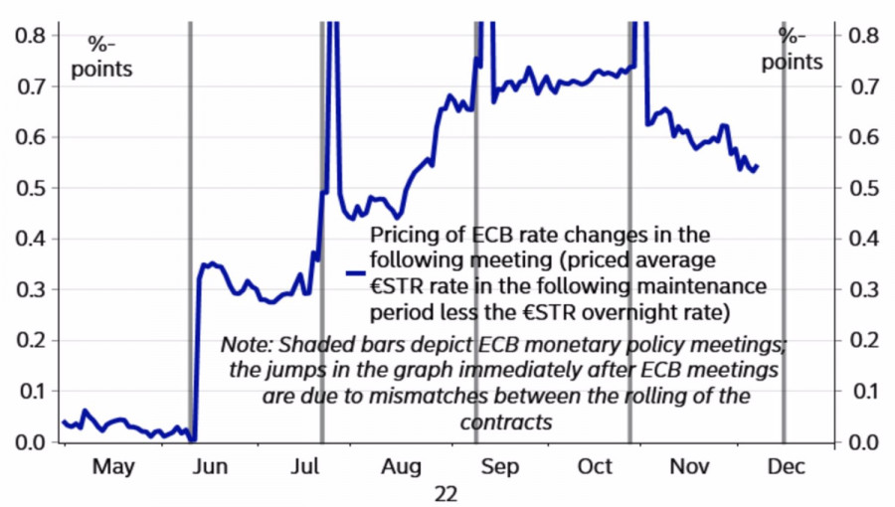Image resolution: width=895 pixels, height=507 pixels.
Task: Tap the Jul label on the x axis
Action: tap(307, 466)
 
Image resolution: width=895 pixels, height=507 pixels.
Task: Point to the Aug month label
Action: tap(402, 466)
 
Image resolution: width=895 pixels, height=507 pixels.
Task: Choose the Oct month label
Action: tap(596, 466)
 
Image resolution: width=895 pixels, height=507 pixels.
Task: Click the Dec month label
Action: tap(787, 466)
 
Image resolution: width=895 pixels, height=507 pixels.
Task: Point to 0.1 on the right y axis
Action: tap(861, 391)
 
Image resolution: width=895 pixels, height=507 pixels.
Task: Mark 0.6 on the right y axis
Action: tap(861, 137)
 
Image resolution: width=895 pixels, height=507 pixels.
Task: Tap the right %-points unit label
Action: tap(793, 49)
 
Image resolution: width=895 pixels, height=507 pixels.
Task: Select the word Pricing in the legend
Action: tap(403, 235)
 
